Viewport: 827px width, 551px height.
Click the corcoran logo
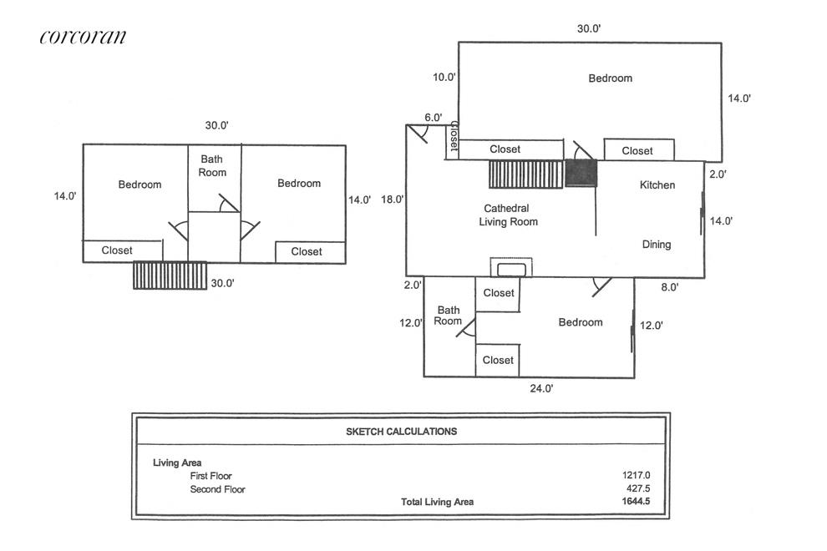pos(83,37)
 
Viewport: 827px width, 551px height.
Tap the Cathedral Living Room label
pos(508,215)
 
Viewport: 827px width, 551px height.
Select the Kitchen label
pos(657,185)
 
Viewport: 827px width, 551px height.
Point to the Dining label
pos(657,245)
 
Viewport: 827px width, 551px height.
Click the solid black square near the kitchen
pos(581,174)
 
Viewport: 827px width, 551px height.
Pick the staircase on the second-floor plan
pos(170,275)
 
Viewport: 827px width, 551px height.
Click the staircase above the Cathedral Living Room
pos(527,174)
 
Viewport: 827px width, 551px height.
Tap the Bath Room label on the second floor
pos(212,165)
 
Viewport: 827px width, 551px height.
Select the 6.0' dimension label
pos(433,119)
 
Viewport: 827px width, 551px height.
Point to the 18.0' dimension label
pos(393,200)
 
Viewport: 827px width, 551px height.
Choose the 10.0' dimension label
pos(444,78)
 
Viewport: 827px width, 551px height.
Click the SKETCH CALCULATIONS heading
pos(401,432)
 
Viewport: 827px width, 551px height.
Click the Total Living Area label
pos(437,502)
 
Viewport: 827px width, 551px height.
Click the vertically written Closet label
pos(454,137)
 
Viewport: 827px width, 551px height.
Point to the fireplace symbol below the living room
pos(510,268)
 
